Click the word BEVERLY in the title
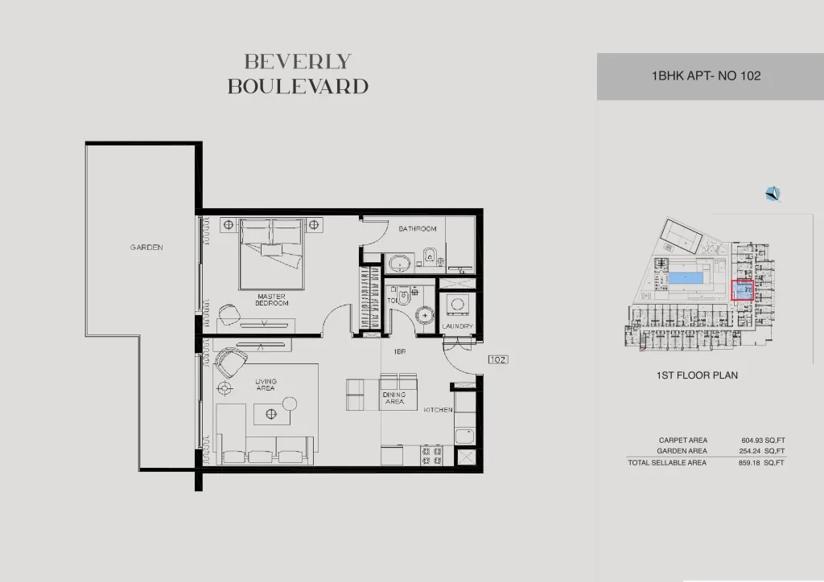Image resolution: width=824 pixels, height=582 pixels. [x=298, y=62]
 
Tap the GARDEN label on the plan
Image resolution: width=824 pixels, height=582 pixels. [x=146, y=247]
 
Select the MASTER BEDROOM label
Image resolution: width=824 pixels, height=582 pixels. [x=272, y=300]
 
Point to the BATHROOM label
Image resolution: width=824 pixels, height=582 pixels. [x=418, y=229]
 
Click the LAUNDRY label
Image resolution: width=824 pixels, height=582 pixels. [x=457, y=326]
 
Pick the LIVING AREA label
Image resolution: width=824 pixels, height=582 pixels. [x=266, y=385]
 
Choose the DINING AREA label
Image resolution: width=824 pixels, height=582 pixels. [x=394, y=398]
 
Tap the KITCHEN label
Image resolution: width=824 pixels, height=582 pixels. [x=439, y=410]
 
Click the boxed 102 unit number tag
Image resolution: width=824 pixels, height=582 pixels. [x=497, y=359]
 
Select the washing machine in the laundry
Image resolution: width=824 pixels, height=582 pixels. [x=457, y=305]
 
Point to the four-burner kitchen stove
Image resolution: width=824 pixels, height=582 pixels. [x=431, y=456]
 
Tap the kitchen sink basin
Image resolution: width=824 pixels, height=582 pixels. [x=464, y=436]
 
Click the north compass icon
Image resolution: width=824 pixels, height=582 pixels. [x=772, y=195]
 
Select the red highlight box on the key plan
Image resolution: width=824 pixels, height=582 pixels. [x=742, y=290]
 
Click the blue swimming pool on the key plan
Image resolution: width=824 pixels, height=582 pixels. [x=686, y=277]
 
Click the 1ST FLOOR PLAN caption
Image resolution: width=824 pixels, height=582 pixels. [x=697, y=375]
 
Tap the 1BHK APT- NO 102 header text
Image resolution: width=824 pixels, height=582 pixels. [x=707, y=76]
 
